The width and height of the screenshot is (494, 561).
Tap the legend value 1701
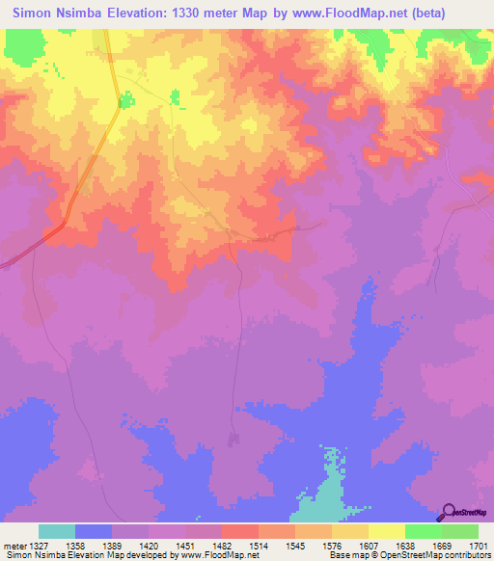[479, 546]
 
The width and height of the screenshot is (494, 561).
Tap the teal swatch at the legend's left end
[57, 531]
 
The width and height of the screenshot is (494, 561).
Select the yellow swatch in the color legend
[386, 531]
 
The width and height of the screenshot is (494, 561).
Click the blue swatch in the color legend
[94, 531]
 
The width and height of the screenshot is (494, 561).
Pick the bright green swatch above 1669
[423, 531]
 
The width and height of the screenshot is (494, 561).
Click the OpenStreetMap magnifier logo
[447, 512]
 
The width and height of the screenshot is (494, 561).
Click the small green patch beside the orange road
[124, 99]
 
